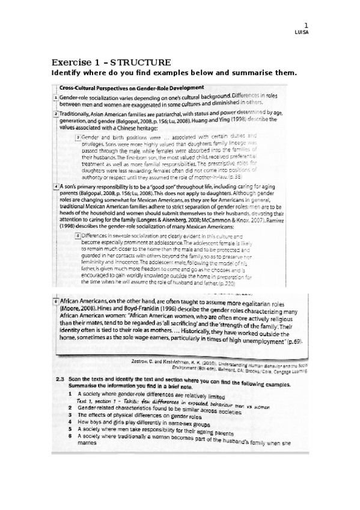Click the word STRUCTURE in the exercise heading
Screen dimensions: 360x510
click(x=141, y=63)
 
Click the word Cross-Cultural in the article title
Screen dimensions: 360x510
click(x=78, y=88)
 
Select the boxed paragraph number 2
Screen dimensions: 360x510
click(x=56, y=112)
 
